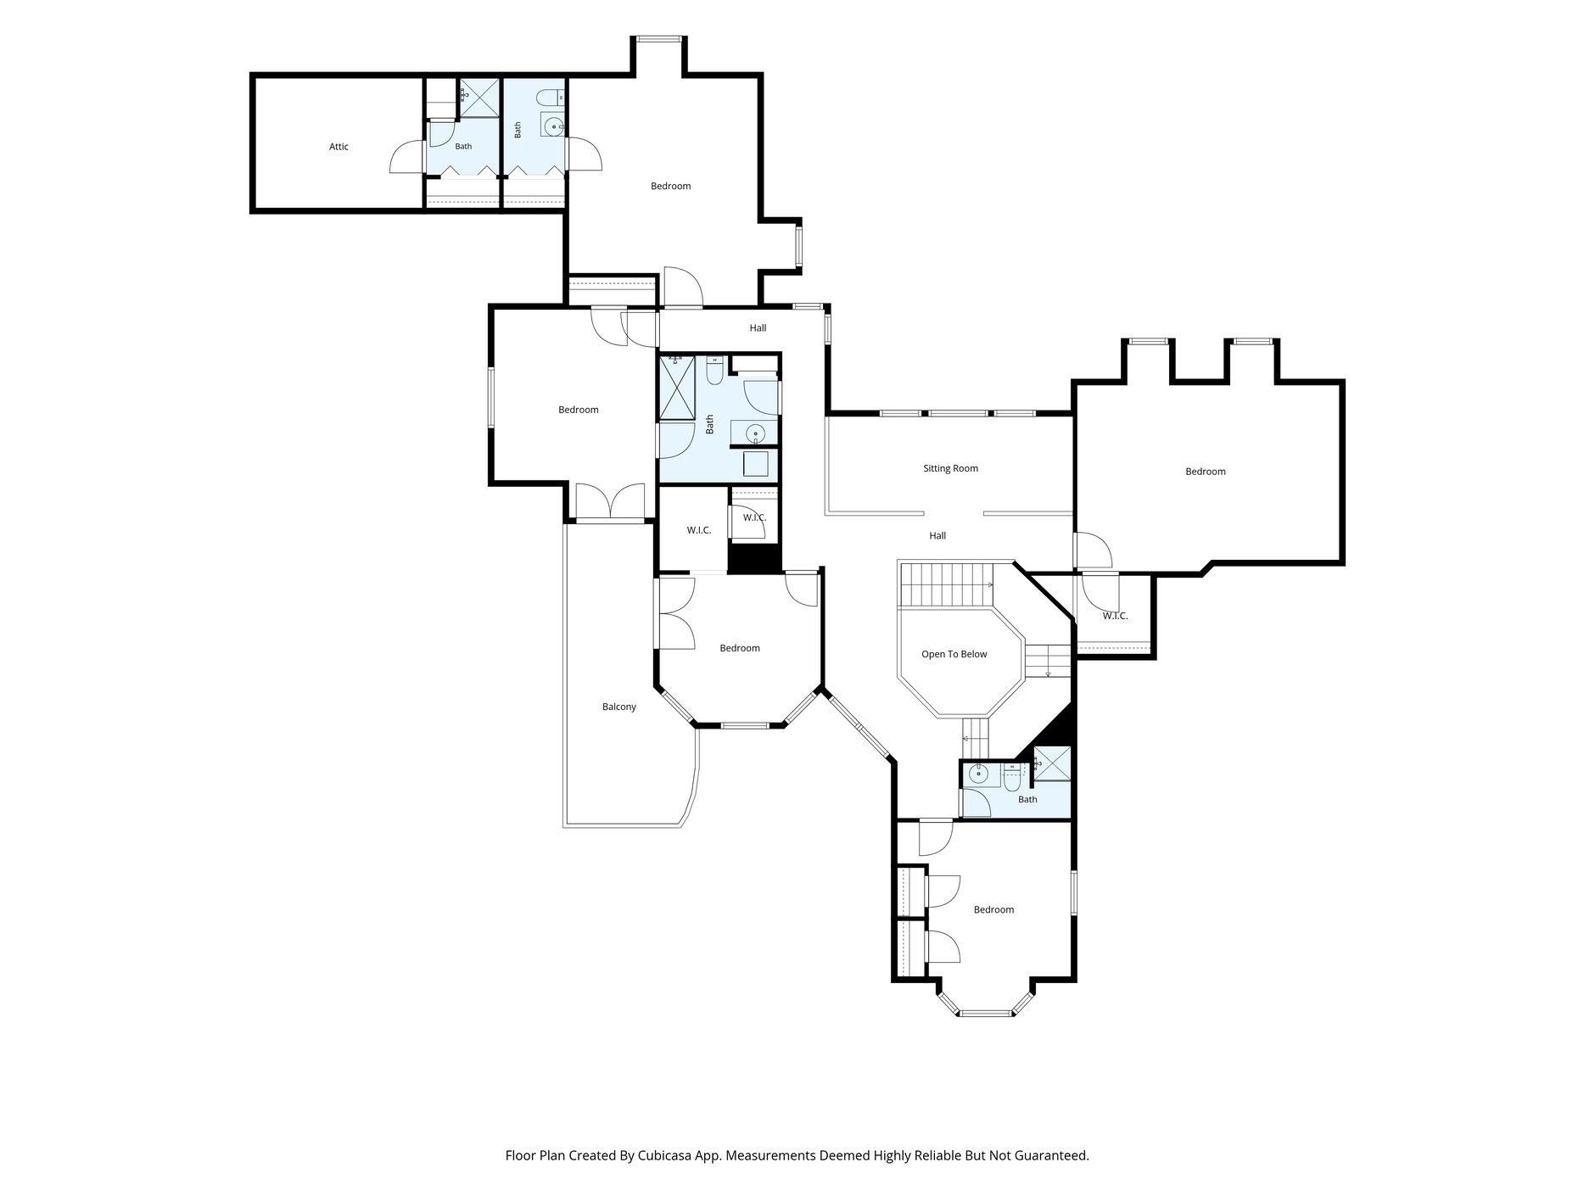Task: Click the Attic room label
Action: pos(339,147)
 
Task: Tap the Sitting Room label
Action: pos(950,468)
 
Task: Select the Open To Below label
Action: pos(954,654)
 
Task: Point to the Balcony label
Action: pos(619,707)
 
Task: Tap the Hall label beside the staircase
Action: pos(937,536)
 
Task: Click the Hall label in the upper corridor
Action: pos(758,327)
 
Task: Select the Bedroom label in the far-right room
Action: pos(1206,472)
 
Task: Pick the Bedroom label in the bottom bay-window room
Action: pos(993,909)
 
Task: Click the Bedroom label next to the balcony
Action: pos(740,648)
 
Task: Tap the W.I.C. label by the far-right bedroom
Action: pos(1116,616)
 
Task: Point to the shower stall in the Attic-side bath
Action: pos(479,98)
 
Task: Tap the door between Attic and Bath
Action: pos(408,157)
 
